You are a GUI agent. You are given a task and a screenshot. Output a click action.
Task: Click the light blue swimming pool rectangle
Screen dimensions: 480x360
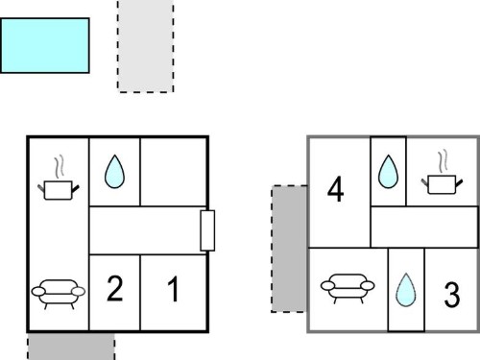pos(45,45)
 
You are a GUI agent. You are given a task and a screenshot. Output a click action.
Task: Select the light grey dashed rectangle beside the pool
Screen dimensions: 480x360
pos(146,46)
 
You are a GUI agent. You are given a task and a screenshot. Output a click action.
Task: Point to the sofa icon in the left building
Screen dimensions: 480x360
pos(59,294)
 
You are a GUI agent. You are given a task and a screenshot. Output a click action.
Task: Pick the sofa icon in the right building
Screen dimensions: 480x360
pos(348,288)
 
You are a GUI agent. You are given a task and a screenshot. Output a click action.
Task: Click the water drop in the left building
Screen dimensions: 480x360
pos(114,172)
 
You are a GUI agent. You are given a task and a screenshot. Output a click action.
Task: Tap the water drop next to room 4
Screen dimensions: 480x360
pos(388,172)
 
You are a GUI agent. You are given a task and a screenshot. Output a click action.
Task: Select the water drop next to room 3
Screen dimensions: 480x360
pos(406,290)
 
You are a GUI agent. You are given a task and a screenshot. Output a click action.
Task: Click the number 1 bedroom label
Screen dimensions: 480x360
pos(173,289)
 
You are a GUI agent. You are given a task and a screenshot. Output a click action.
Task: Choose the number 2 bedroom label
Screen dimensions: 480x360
pos(114,289)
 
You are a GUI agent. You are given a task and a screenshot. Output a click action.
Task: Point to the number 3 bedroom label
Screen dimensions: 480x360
pos(452,295)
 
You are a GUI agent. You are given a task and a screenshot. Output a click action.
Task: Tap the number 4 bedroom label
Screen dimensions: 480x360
pos(336,189)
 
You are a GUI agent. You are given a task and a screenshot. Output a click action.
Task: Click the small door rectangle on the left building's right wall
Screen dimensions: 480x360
pos(207,230)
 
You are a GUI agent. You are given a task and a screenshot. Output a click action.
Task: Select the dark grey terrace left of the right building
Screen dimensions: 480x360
pos(289,249)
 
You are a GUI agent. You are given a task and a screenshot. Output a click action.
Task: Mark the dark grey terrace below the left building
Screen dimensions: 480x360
pos(71,347)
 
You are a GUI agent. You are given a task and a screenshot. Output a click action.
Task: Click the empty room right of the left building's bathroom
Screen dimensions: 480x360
pos(173,172)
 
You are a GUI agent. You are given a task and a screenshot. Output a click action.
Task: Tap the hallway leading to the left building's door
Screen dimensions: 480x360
pos(145,230)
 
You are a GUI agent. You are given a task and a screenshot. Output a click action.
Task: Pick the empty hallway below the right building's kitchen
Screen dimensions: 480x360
pos(424,227)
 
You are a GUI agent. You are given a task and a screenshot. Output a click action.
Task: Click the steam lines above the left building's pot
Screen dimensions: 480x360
pos(60,167)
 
